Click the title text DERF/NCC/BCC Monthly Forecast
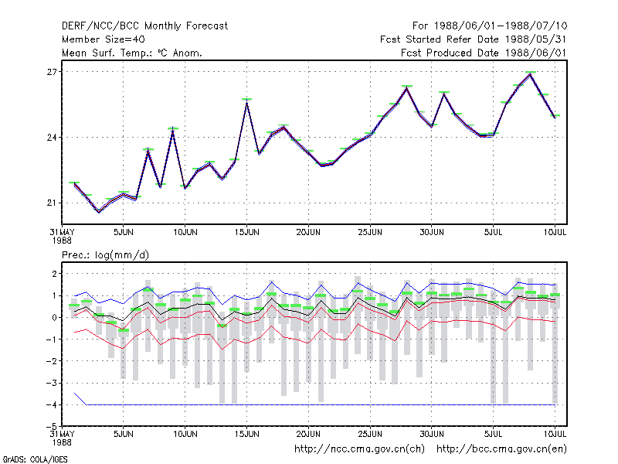144,26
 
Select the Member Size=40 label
104,39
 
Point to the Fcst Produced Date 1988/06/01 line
484,53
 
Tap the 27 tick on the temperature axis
52,72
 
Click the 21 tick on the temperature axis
52,203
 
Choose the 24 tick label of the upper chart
52,138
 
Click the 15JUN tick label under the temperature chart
246,232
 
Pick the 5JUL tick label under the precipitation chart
493,434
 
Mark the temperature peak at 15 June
246,102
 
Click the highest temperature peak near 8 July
531,73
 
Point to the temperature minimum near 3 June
99,212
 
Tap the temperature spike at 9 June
172,131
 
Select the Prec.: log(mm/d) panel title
105,255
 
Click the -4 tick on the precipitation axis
52,404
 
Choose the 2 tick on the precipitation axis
54,274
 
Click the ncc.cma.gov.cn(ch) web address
359,449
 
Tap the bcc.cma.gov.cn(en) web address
501,449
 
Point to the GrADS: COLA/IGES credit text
36,459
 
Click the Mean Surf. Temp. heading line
132,53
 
